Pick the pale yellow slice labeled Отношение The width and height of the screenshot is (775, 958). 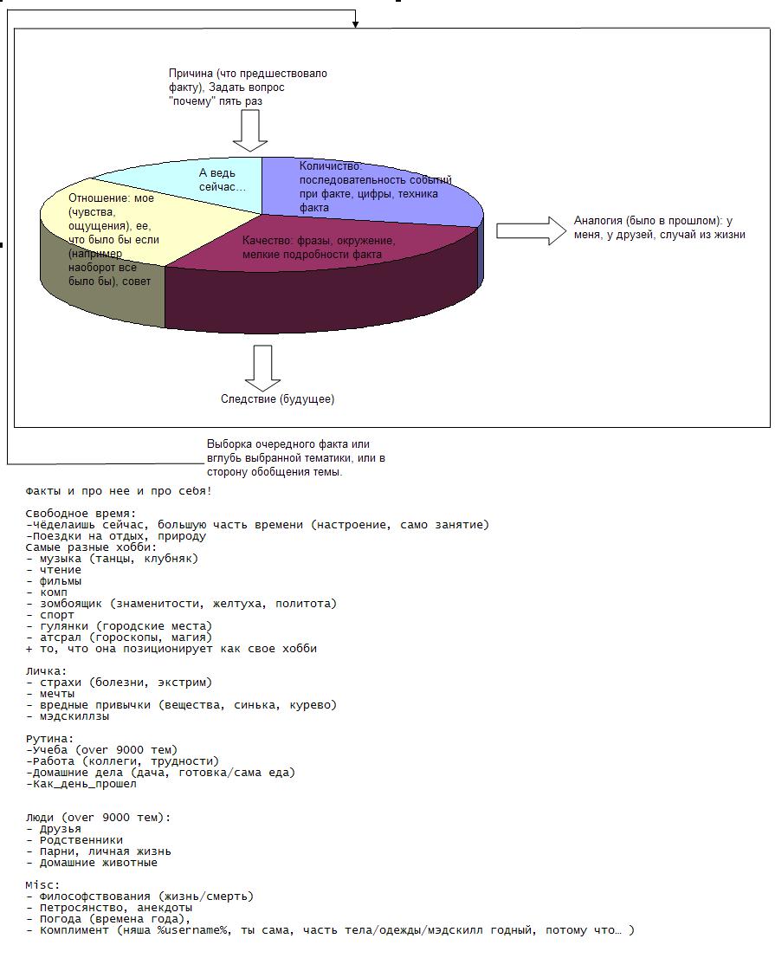(x=113, y=234)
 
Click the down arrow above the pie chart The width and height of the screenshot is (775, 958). (x=250, y=130)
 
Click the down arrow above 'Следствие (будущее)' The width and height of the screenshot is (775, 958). (x=262, y=367)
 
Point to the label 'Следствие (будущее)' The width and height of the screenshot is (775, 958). (x=277, y=399)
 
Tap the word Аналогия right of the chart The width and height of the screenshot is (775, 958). (x=597, y=221)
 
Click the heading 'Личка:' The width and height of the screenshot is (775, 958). (x=46, y=671)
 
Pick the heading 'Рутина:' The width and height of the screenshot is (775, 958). (x=50, y=739)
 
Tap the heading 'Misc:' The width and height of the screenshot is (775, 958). (x=43, y=885)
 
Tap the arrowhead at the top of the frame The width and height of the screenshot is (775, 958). (x=355, y=24)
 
